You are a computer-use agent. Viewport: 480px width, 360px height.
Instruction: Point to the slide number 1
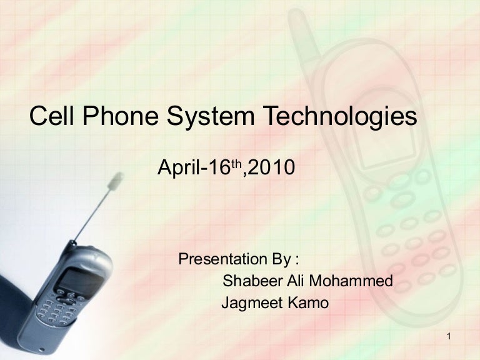coord(449,338)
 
